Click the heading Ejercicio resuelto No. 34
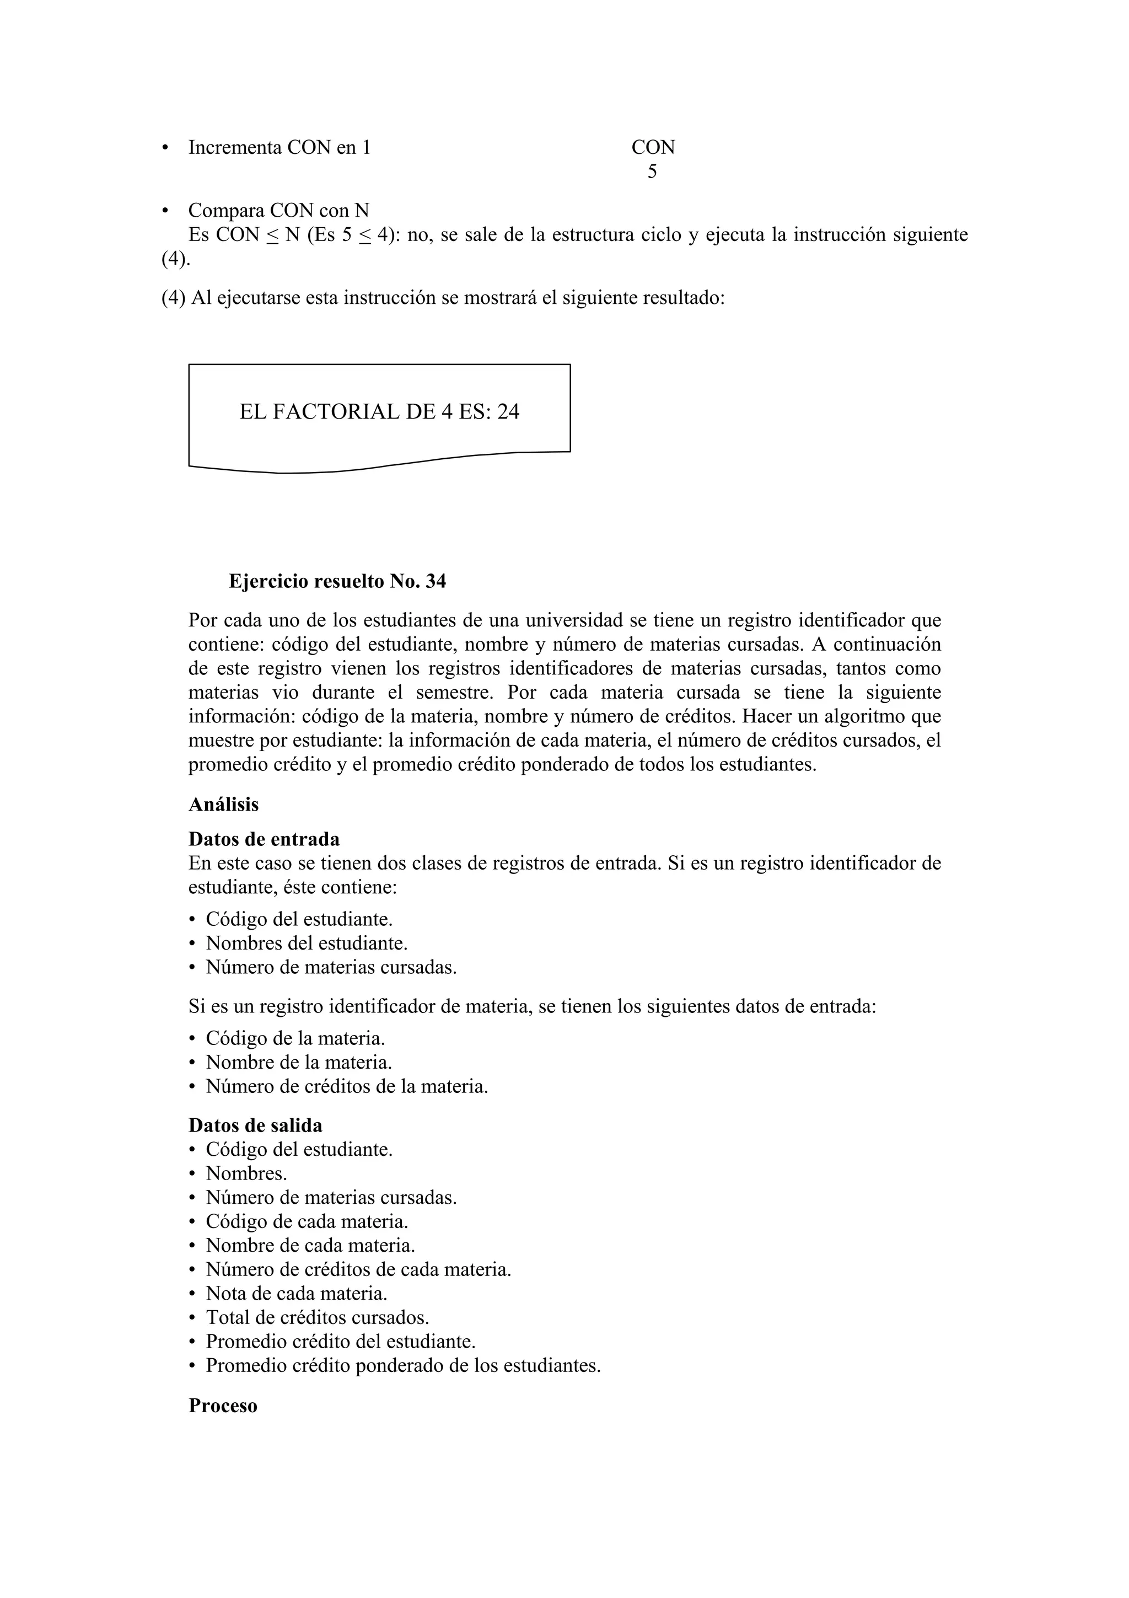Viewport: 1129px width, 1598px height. (x=337, y=581)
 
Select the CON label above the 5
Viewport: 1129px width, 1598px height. (x=653, y=148)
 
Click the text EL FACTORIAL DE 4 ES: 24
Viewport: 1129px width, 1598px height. (x=379, y=412)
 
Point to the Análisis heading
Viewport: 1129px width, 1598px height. (x=223, y=805)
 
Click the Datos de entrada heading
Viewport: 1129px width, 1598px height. (x=264, y=839)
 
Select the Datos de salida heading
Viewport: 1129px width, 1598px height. (x=255, y=1125)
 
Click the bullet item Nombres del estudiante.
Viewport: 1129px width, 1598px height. (x=306, y=944)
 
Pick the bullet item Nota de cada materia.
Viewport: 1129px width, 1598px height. (x=297, y=1293)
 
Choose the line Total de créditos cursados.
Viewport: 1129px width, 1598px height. (x=317, y=1317)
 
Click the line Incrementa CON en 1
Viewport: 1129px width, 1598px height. (x=279, y=148)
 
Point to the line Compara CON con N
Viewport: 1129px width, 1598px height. (x=278, y=210)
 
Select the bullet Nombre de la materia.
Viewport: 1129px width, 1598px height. (x=298, y=1063)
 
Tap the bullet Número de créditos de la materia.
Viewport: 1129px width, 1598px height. (x=346, y=1086)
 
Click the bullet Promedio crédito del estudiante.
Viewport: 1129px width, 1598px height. (x=340, y=1341)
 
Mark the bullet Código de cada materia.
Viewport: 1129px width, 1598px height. (x=307, y=1221)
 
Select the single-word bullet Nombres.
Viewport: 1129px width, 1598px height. (x=246, y=1173)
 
